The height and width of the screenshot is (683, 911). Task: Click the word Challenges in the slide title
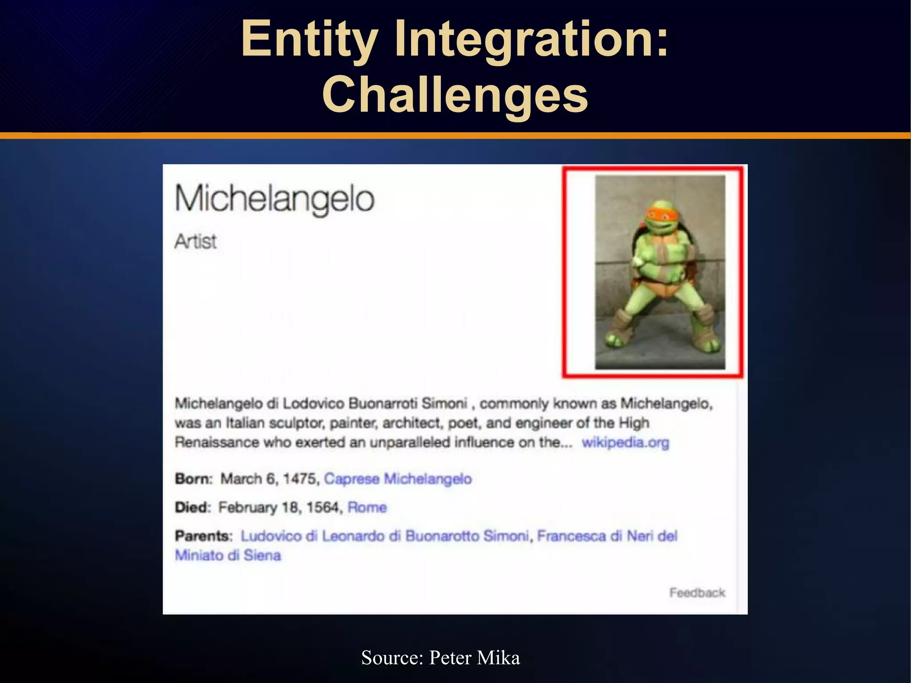point(455,94)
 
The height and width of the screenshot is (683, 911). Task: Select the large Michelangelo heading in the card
point(274,198)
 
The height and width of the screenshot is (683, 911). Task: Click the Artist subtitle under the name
point(195,242)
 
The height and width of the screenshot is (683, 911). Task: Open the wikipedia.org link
point(625,442)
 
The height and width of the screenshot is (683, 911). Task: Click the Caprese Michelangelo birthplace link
point(398,479)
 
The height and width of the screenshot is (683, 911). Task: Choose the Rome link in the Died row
point(367,507)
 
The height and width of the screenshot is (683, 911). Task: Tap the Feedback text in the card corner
point(697,593)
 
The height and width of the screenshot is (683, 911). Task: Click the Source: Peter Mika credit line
point(440,658)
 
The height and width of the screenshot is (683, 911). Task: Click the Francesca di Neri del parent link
point(607,536)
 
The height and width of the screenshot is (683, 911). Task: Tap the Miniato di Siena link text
point(228,555)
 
